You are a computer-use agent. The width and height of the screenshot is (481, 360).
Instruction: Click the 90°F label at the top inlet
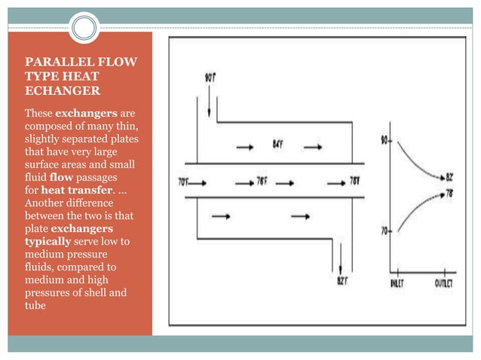(212, 77)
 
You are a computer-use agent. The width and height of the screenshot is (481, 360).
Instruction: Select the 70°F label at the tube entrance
(183, 181)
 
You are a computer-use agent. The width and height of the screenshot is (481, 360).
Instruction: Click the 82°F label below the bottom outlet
(342, 281)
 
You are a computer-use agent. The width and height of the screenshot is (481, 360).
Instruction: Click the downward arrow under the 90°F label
(208, 102)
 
